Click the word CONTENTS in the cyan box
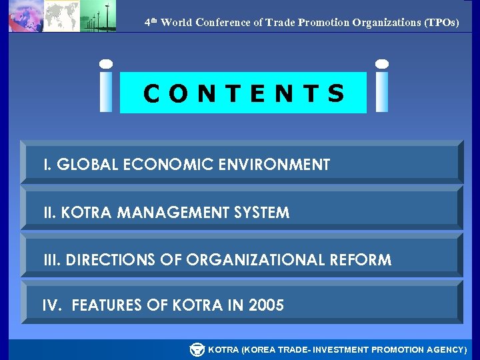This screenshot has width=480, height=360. coord(244,93)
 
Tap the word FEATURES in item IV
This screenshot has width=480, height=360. coord(106,306)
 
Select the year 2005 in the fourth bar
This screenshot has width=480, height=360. coord(266,306)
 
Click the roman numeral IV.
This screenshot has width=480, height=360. coord(51,306)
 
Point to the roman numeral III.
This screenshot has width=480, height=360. coord(51,260)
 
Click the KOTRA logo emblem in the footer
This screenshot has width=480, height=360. coord(197,349)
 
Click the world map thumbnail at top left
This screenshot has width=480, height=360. coord(61,16)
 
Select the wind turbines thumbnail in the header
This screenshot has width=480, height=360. coord(97,16)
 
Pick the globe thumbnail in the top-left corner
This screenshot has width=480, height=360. coord(25,16)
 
